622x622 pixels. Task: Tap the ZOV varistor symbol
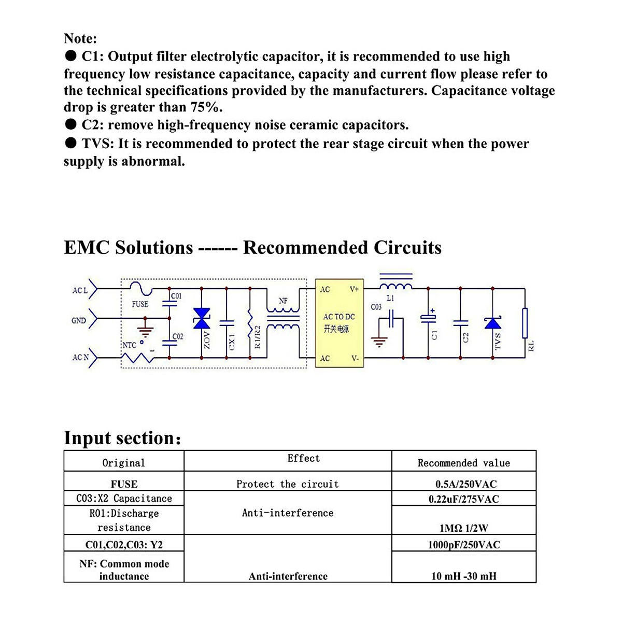(202, 318)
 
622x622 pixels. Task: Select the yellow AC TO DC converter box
(340, 323)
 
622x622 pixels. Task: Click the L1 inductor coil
(396, 286)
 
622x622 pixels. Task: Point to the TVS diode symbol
(492, 323)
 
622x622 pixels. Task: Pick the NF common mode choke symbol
(283, 318)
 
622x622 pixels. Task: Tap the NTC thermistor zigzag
(137, 357)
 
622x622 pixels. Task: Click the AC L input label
(80, 290)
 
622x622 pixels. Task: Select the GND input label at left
(79, 321)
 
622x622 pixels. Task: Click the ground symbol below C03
(379, 342)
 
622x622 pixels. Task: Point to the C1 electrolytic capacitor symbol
(428, 317)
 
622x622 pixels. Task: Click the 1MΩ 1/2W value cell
(463, 528)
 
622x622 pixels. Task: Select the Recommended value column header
(463, 463)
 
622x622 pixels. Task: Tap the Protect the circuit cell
(287, 484)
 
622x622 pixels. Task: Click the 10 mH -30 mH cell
(463, 576)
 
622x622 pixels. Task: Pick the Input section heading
(122, 438)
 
